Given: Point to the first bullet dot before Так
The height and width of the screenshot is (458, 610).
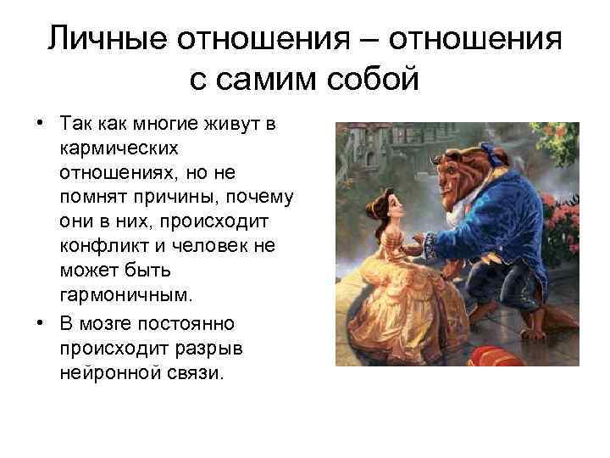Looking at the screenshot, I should click(40, 126).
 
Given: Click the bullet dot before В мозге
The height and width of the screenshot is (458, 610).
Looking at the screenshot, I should click(40, 324).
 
